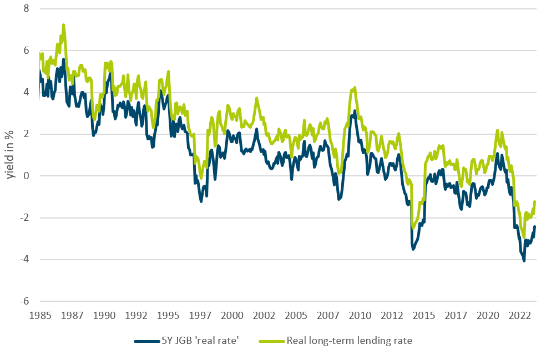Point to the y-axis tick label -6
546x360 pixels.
click(24, 301)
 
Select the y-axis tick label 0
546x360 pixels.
click(26, 176)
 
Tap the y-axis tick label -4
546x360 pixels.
click(24, 260)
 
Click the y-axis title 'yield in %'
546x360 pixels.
click(9, 155)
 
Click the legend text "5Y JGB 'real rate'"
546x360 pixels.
click(204, 341)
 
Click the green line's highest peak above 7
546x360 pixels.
click(64, 24)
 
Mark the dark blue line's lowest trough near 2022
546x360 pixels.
click(524, 261)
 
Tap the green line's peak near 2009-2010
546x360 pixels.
click(355, 87)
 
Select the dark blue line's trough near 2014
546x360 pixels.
click(413, 250)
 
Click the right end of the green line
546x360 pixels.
click(535, 201)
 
